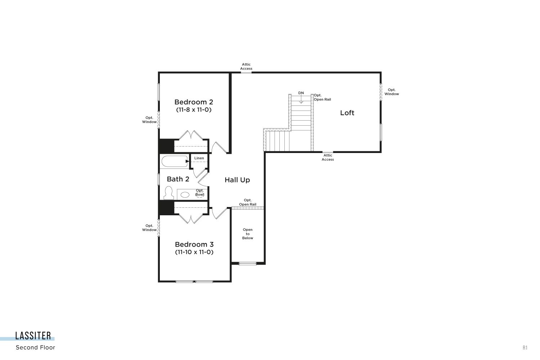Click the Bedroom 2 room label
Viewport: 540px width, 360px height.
coord(194,102)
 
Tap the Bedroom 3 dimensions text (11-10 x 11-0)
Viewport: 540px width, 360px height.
coord(194,252)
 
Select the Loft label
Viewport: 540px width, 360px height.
coord(347,113)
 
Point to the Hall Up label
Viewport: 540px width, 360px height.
coord(237,180)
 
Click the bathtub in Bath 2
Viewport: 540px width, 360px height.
coord(175,161)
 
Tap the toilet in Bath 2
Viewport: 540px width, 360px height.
coord(169,193)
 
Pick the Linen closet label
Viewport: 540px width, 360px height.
coord(199,158)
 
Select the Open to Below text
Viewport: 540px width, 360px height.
coord(248,234)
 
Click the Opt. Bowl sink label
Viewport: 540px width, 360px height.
coord(199,193)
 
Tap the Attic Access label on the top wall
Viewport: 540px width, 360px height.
coord(246,67)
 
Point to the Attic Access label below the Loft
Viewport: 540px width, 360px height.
coord(328,157)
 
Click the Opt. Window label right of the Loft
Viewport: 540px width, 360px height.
coord(392,92)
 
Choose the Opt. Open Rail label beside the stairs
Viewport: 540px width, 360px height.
coord(322,98)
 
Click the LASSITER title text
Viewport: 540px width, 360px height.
coord(33,336)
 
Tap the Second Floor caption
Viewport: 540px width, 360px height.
coord(35,347)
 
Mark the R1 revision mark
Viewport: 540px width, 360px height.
coord(525,348)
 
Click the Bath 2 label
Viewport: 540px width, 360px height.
coord(178,179)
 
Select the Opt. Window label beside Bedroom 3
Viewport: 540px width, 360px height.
coord(149,228)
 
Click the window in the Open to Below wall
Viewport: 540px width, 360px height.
coord(248,264)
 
